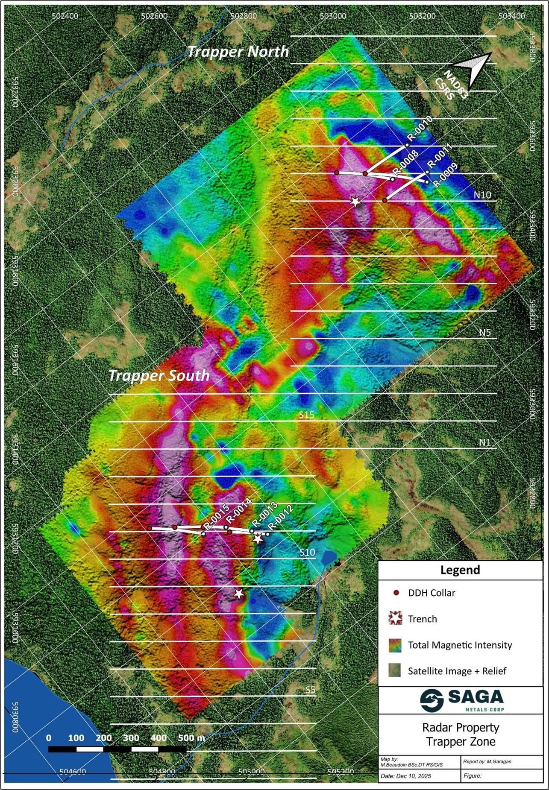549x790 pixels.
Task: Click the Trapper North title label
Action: pyautogui.click(x=238, y=52)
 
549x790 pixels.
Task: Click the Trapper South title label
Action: pyautogui.click(x=159, y=375)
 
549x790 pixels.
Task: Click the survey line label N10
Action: pyautogui.click(x=482, y=195)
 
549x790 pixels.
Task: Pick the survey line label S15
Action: pyautogui.click(x=307, y=415)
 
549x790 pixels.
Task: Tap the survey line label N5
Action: pyautogui.click(x=484, y=332)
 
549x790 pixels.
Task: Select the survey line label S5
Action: pyautogui.click(x=311, y=690)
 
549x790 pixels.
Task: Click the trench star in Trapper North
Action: pyautogui.click(x=355, y=202)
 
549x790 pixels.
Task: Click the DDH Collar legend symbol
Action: pyautogui.click(x=396, y=593)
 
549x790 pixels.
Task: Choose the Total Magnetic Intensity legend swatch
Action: pyautogui.click(x=396, y=645)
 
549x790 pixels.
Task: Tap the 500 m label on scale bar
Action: pyautogui.click(x=191, y=738)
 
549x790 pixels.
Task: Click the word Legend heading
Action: pyautogui.click(x=460, y=570)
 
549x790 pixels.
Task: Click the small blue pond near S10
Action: pyautogui.click(x=328, y=557)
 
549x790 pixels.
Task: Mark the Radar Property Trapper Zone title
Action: pyautogui.click(x=461, y=734)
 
